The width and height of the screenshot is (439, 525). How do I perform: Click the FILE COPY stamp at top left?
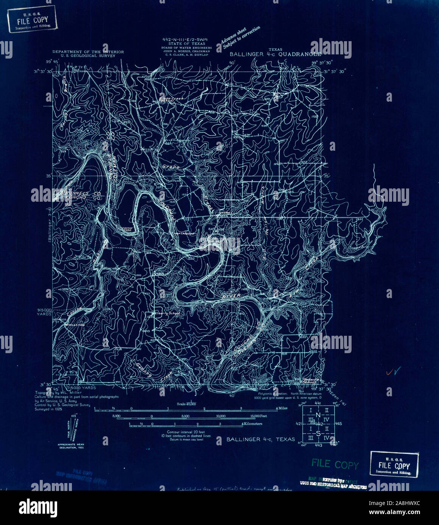tap(32, 19)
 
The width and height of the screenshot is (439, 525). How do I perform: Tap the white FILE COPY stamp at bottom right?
tap(394, 465)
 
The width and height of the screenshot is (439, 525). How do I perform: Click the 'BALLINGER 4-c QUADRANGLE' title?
tap(276, 54)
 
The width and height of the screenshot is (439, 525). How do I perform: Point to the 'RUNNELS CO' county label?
tap(78, 193)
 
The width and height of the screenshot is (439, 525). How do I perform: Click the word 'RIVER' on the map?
tap(231, 297)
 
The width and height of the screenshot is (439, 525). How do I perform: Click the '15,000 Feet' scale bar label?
tap(258, 416)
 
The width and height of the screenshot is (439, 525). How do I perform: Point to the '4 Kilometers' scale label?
tap(252, 424)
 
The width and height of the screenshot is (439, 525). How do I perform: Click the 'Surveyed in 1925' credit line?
tap(48, 409)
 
